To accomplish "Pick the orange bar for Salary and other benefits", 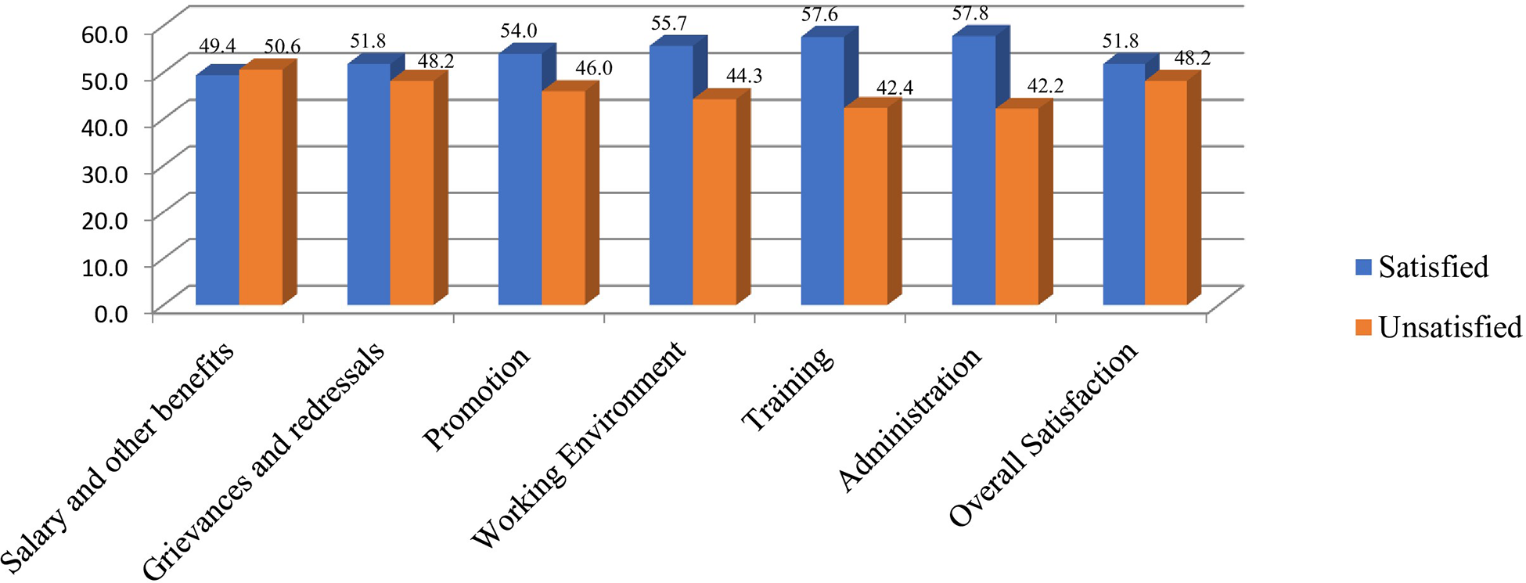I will [260, 187].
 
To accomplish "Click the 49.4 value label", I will [217, 46].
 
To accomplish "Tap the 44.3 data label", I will [743, 76].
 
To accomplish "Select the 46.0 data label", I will [593, 68].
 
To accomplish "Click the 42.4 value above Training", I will [894, 88].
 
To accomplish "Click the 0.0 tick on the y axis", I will [111, 315].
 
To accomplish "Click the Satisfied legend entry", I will [1432, 268].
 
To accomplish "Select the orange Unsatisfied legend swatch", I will [1364, 328].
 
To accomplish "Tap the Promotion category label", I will [476, 399].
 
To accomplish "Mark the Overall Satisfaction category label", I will [1042, 434].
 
